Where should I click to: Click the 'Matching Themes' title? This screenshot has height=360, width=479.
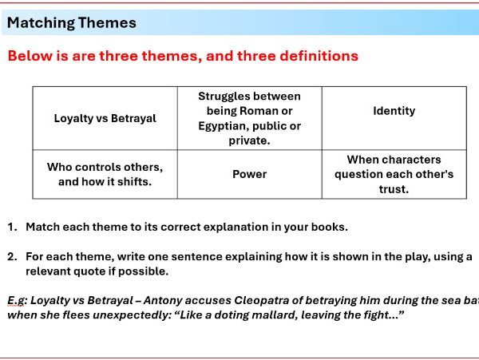[71, 23]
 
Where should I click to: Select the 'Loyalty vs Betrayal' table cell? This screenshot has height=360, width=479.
[105, 118]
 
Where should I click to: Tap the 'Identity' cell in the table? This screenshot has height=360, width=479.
[394, 111]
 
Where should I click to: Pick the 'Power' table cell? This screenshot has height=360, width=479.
[249, 174]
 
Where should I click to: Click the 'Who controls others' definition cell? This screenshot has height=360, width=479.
[105, 174]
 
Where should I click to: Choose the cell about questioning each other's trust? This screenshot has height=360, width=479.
[394, 174]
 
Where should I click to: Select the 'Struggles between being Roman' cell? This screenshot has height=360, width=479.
[249, 118]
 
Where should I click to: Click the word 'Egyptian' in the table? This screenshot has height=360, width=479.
[227, 126]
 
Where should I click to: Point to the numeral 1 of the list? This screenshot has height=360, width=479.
[12, 227]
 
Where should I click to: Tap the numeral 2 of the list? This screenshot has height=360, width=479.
[12, 257]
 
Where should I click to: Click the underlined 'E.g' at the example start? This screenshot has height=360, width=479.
[17, 300]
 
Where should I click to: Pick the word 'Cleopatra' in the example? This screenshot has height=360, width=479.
[262, 300]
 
